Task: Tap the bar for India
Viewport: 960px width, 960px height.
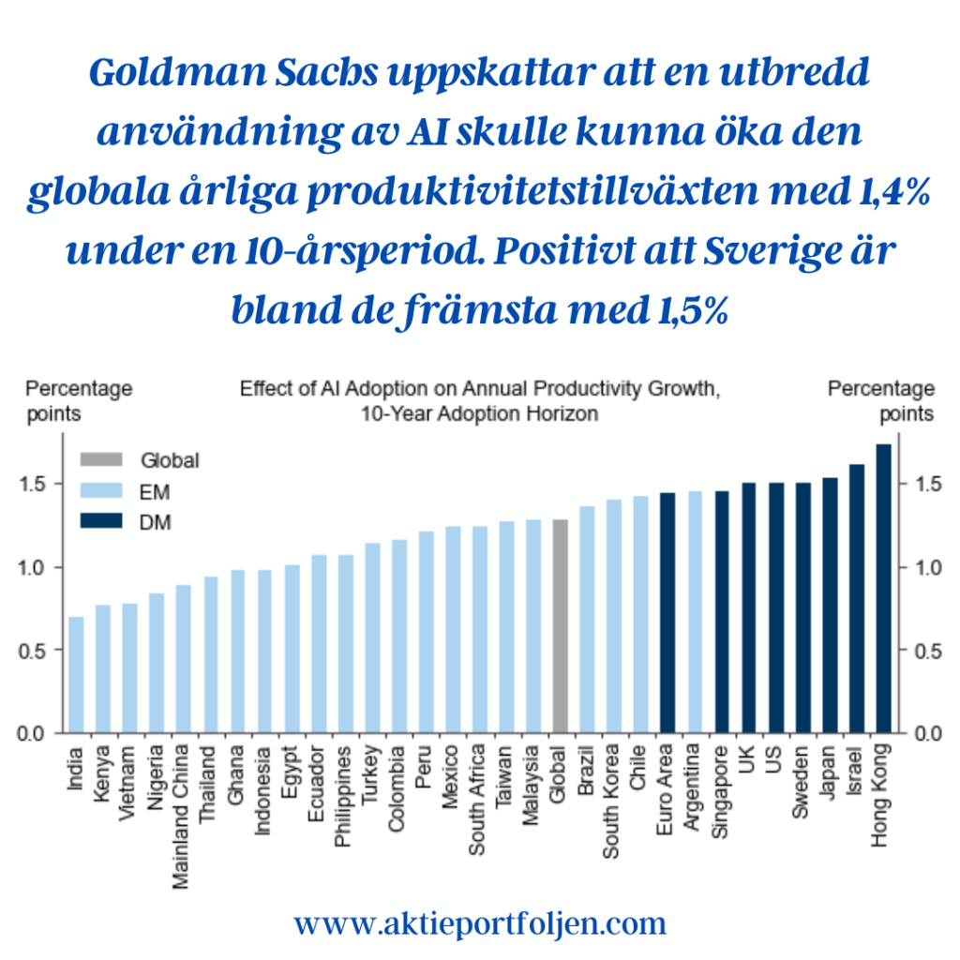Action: click(76, 675)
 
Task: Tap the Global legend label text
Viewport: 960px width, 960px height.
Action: click(170, 460)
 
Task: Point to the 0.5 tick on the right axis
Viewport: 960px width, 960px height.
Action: click(921, 651)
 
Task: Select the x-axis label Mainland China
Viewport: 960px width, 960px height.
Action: click(184, 797)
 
